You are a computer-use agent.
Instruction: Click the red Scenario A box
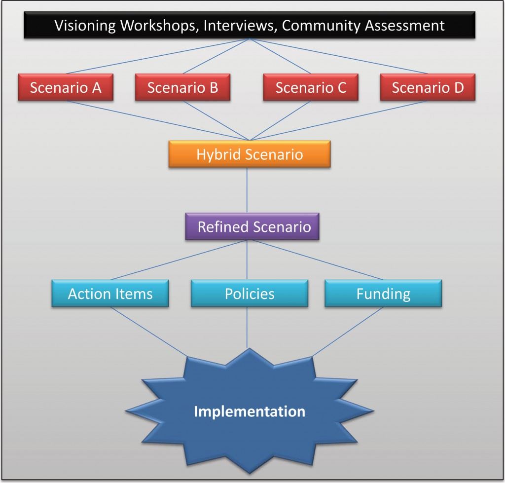click(x=66, y=87)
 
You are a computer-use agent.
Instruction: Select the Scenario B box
click(x=182, y=87)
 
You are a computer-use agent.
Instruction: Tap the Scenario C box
click(x=311, y=87)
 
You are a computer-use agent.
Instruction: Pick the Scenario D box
click(x=428, y=87)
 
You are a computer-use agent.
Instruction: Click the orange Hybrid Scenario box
click(x=249, y=154)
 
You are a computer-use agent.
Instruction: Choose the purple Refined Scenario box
click(x=252, y=226)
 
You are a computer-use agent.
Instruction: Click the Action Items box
click(x=110, y=294)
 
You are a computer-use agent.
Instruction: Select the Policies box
click(x=250, y=294)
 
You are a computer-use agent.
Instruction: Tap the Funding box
click(x=383, y=294)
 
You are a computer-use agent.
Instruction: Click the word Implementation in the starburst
click(x=249, y=411)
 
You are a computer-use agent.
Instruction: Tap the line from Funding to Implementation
click(x=349, y=332)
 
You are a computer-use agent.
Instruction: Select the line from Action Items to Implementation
click(x=148, y=332)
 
